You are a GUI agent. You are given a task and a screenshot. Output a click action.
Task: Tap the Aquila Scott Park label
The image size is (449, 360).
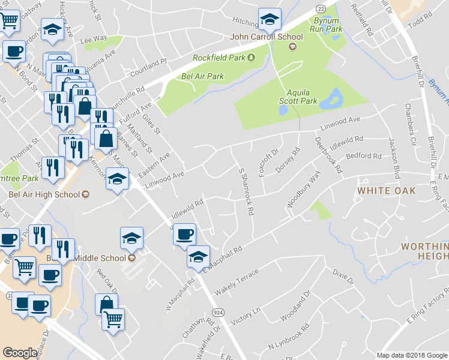(x=301, y=97)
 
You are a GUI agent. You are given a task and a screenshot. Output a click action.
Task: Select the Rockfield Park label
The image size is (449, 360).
(x=220, y=58)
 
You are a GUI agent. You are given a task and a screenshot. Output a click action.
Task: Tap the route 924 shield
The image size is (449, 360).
(x=218, y=313)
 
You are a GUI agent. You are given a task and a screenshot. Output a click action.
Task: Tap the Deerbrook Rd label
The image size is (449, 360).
(x=328, y=155)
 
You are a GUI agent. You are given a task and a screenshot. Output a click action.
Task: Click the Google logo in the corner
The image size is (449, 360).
(x=20, y=353)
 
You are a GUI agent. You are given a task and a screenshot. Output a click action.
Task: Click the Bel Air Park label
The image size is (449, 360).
(x=202, y=76)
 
